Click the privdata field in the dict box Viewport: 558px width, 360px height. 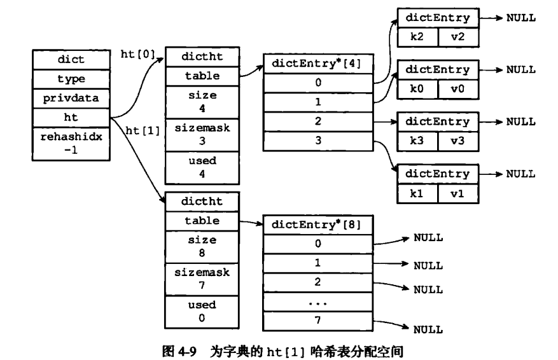71,99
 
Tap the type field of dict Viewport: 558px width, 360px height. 71,79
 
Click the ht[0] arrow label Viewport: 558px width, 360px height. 138,54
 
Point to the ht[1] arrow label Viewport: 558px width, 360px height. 143,130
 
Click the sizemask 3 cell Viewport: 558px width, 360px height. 202,135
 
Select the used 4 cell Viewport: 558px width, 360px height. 202,167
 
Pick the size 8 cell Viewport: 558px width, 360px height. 202,247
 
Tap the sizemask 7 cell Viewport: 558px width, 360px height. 202,279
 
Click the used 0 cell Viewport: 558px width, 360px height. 202,312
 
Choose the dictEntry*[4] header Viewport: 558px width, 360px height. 318,64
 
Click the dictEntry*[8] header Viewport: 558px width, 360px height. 317,225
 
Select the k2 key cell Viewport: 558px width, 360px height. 418,37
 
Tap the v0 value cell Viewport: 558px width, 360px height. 458,89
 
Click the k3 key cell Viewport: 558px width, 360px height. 418,141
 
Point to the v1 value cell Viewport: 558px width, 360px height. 458,193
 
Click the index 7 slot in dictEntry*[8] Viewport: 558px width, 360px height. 317,321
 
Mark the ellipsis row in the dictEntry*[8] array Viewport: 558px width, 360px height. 317,302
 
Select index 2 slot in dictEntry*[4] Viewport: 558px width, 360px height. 318,121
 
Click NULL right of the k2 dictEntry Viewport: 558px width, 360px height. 521,18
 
